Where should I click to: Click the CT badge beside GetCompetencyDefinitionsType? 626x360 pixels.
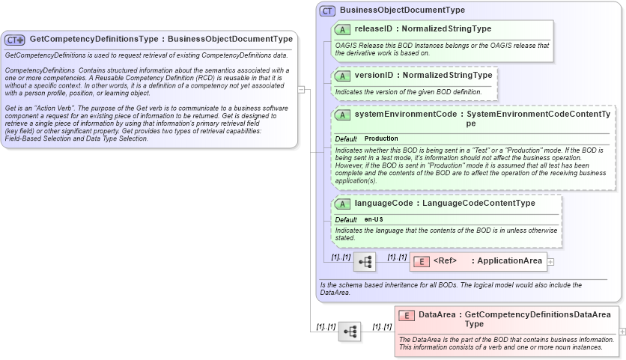tap(15, 40)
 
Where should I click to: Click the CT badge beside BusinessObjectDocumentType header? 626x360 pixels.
tap(327, 10)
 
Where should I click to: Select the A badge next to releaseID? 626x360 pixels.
tap(342, 29)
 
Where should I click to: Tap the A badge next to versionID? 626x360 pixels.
tap(342, 76)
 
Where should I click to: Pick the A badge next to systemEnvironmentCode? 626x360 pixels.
tap(342, 115)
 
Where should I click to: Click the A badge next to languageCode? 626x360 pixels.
tap(342, 204)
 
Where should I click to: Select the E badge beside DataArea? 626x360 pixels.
tap(407, 316)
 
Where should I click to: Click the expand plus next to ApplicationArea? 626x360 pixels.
tap(551, 262)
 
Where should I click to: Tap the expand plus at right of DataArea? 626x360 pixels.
tap(622, 331)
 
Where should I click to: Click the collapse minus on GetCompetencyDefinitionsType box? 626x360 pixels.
tap(301, 89)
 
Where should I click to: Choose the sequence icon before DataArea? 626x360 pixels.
tap(350, 331)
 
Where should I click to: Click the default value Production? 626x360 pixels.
tap(381, 139)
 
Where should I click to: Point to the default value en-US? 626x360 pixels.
tap(374, 219)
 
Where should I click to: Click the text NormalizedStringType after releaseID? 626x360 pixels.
tap(446, 29)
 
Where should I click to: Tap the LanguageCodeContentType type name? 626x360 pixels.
tap(478, 203)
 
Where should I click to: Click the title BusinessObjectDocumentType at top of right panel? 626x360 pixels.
tap(402, 10)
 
